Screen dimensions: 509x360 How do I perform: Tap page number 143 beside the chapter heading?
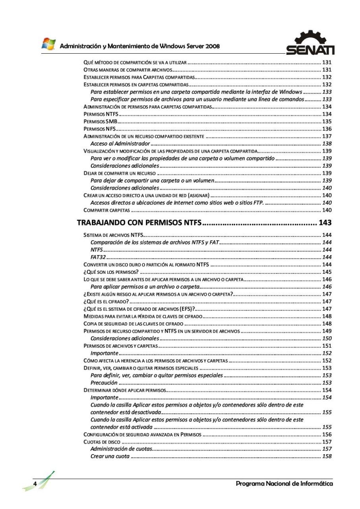(325, 223)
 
